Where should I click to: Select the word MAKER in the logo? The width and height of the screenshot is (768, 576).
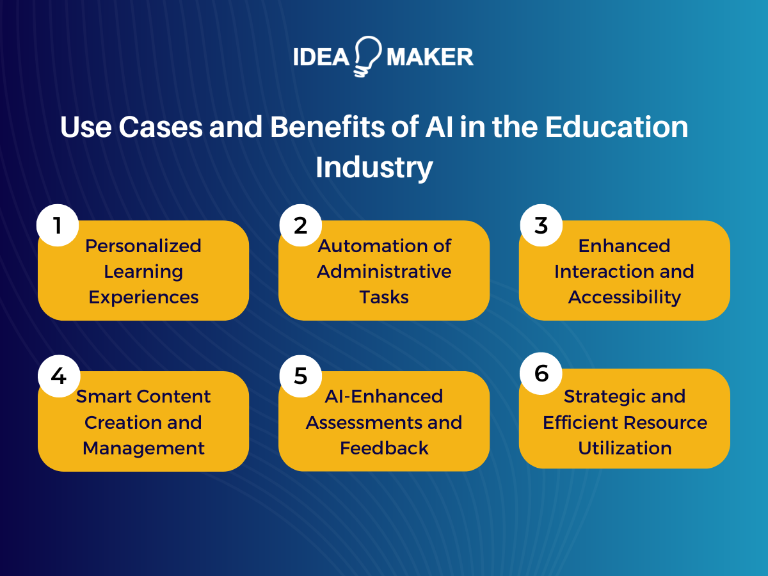pyautogui.click(x=429, y=58)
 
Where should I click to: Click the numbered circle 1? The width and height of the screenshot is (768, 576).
pyautogui.click(x=58, y=225)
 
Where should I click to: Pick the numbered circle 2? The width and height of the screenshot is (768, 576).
pyautogui.click(x=300, y=225)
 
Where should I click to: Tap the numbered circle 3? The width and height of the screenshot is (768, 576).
pyautogui.click(x=541, y=225)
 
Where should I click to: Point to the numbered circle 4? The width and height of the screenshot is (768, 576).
pyautogui.click(x=58, y=376)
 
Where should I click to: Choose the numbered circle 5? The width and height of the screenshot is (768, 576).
pyautogui.click(x=300, y=376)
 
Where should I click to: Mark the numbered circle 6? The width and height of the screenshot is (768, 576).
pyautogui.click(x=541, y=373)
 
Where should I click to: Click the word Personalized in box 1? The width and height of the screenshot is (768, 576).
pyautogui.click(x=143, y=246)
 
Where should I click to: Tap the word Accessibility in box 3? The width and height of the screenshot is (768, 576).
pyautogui.click(x=625, y=298)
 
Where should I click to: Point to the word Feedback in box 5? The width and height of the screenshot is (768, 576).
pyautogui.click(x=384, y=448)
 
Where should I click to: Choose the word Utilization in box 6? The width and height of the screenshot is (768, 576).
pyautogui.click(x=625, y=448)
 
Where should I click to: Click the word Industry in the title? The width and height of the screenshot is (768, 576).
pyautogui.click(x=374, y=168)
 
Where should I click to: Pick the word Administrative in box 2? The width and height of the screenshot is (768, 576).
pyautogui.click(x=384, y=271)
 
